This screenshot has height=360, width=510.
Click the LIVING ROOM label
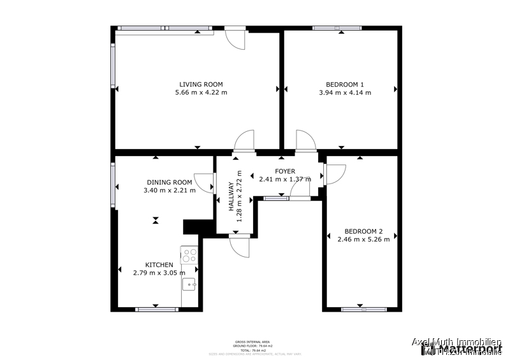[201, 84]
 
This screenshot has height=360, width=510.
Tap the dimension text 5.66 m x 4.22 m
[201, 92]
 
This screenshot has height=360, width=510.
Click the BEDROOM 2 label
[363, 231]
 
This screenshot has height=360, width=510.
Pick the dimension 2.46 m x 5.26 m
[363, 240]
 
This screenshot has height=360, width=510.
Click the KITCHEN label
[159, 265]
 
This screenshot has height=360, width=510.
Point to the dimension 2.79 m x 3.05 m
[159, 273]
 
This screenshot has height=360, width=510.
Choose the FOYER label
[285, 171]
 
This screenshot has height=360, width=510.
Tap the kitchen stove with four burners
[190, 256]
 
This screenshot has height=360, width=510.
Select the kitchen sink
[189, 284]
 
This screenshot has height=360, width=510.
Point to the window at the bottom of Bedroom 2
[363, 310]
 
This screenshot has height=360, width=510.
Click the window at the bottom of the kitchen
[157, 310]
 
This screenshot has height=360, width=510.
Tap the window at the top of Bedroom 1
[337, 28]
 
